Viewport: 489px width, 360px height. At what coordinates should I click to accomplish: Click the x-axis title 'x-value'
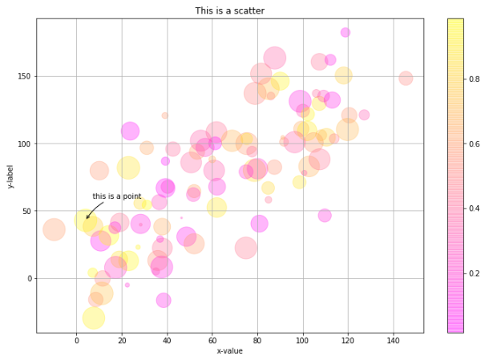tap(230, 351)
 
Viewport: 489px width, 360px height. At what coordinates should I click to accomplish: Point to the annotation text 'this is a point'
tap(117, 196)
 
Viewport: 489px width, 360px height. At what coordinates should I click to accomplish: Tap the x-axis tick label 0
tap(77, 340)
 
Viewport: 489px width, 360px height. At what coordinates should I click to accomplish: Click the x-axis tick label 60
tap(212, 340)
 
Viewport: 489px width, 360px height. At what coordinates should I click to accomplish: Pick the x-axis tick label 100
tap(302, 340)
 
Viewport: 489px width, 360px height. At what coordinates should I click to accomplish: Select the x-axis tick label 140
tap(393, 340)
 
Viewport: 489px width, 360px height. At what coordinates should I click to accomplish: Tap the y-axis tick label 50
tap(26, 211)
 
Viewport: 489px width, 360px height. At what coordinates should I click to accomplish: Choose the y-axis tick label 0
tap(28, 278)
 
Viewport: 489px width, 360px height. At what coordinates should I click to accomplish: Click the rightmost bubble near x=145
tap(406, 79)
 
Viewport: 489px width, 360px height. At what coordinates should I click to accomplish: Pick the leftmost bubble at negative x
tap(54, 229)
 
